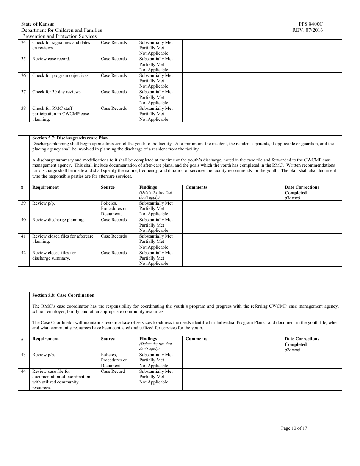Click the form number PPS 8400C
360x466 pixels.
click(x=311, y=24)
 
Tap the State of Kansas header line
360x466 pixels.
click(x=38, y=24)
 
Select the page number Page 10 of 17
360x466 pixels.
click(x=294, y=428)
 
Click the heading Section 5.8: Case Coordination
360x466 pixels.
click(x=63, y=295)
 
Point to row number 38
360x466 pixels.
click(x=23, y=109)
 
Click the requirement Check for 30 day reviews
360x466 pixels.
click(x=57, y=92)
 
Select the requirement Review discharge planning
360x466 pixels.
click(x=58, y=220)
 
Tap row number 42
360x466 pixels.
click(x=23, y=253)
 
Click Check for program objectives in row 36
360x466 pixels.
click(x=61, y=76)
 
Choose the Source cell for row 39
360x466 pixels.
click(x=114, y=208)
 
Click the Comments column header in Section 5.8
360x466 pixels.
click(x=196, y=339)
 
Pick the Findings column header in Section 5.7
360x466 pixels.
click(x=148, y=188)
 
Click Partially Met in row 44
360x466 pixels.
click(x=152, y=377)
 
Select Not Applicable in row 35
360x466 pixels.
click(x=153, y=70)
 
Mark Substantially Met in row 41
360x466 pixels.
click(x=156, y=236)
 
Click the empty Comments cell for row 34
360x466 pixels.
click(x=232, y=48)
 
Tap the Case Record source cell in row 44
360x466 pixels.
click(x=113, y=372)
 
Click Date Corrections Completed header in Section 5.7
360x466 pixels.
click(x=302, y=190)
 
